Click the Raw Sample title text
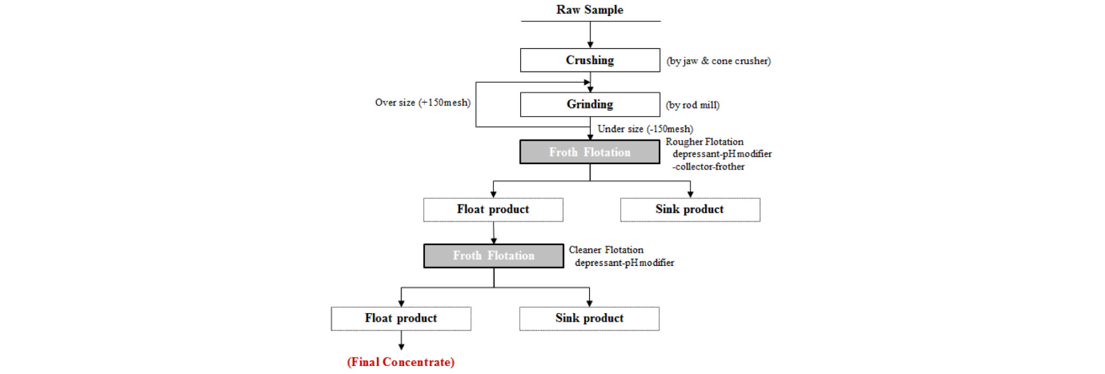tap(590, 10)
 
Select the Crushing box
tap(590, 60)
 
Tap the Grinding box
tap(590, 104)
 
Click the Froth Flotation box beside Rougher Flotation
tap(590, 152)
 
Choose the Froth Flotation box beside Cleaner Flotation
tap(493, 256)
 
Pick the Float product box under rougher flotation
tap(493, 210)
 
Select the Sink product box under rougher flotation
tap(690, 210)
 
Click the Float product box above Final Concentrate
tap(401, 318)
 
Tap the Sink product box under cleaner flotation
tap(589, 318)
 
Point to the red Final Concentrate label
tap(401, 362)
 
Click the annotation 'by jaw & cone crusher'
tap(718, 61)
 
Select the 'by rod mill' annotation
tap(693, 105)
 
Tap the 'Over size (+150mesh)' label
tap(423, 102)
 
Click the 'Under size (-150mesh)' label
tap(645, 129)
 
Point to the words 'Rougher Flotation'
tap(705, 142)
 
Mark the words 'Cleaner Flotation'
tap(606, 250)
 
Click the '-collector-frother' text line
tap(708, 166)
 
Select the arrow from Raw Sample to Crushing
tap(590, 35)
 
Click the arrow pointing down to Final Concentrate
tap(401, 340)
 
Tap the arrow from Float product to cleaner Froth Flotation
tap(493, 233)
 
